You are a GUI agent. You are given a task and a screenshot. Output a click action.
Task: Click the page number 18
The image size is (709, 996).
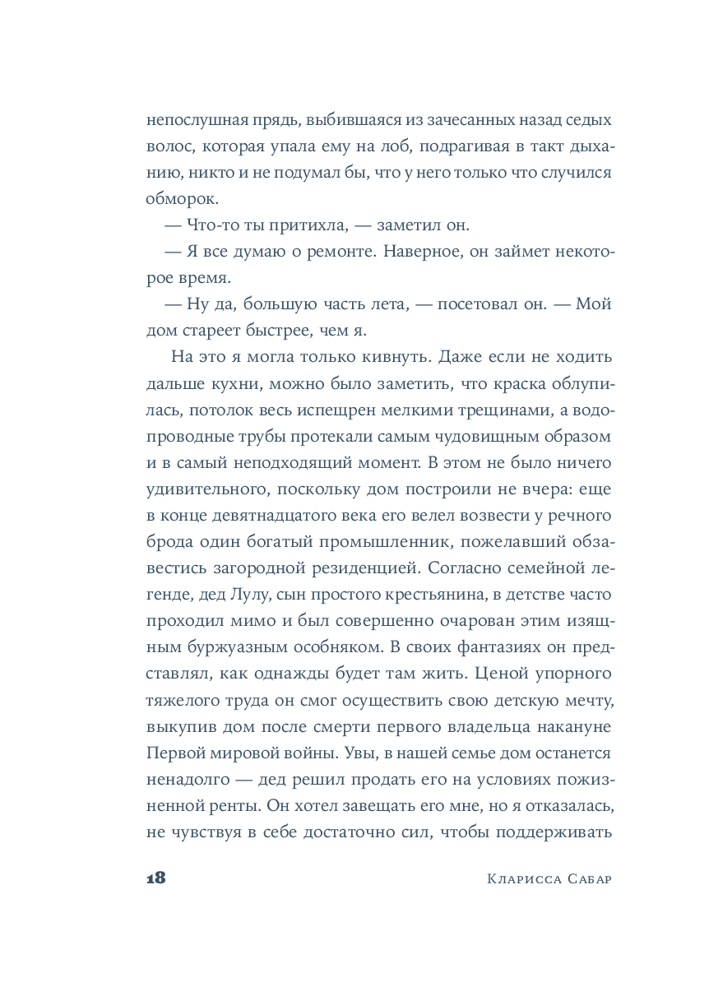click(156, 877)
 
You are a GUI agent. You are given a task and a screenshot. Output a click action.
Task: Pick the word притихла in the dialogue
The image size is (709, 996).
click(301, 225)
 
